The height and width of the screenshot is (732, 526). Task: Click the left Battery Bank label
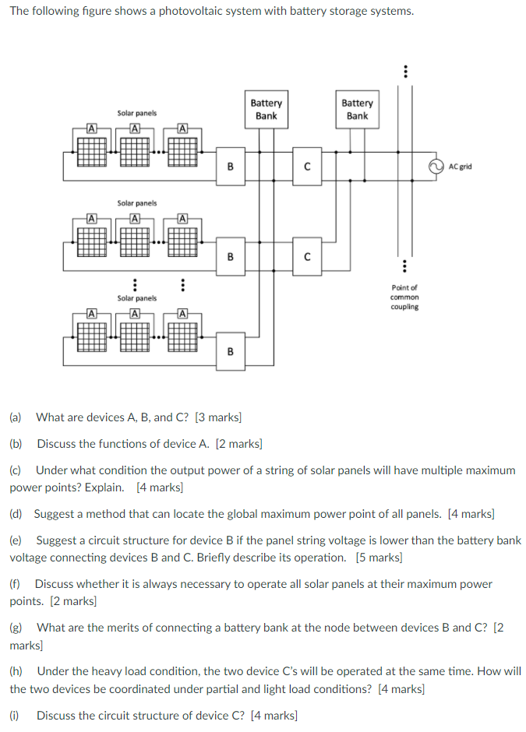click(x=267, y=109)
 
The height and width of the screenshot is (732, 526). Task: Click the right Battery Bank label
click(x=357, y=109)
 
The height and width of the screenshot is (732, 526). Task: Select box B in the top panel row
click(x=230, y=166)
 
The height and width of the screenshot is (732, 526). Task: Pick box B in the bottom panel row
click(x=230, y=351)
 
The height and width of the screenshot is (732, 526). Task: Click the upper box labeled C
click(x=307, y=166)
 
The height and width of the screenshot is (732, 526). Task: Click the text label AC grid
click(x=460, y=166)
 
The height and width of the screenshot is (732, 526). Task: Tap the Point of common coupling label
click(x=404, y=297)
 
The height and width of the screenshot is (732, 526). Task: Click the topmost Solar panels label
click(x=136, y=113)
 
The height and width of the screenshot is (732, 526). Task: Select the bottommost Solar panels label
click(x=136, y=298)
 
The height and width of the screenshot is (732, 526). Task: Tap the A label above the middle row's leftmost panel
click(x=91, y=218)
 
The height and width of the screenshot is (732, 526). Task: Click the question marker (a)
click(x=16, y=417)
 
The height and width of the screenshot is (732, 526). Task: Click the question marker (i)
click(x=15, y=715)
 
